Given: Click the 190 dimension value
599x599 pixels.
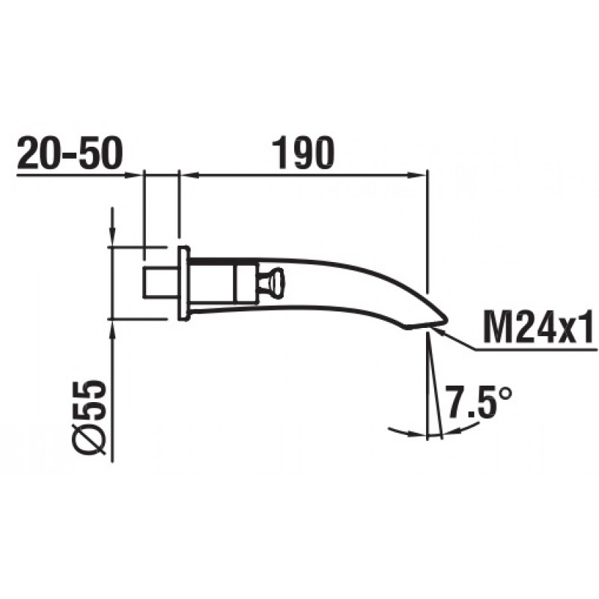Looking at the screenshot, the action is click(303, 153).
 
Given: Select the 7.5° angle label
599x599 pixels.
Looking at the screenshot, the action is click(478, 401).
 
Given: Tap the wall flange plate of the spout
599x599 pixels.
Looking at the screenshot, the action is click(183, 283).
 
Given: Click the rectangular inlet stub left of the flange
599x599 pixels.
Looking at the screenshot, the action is click(160, 283).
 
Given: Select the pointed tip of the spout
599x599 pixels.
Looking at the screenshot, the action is click(446, 317).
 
